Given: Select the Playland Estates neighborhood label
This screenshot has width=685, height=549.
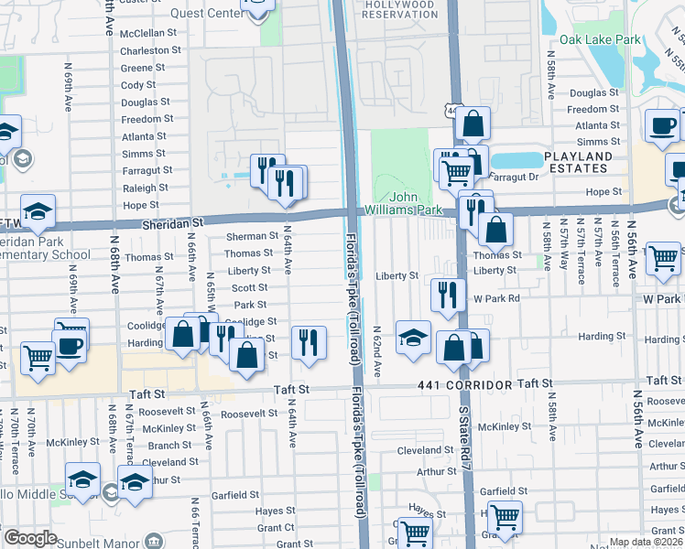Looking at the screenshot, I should point(577,162).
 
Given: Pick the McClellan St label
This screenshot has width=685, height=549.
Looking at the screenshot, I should point(149,33).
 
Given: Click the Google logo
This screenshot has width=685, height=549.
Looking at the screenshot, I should point(30,538).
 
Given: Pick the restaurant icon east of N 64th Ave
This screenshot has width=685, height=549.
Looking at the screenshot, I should point(309,342).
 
